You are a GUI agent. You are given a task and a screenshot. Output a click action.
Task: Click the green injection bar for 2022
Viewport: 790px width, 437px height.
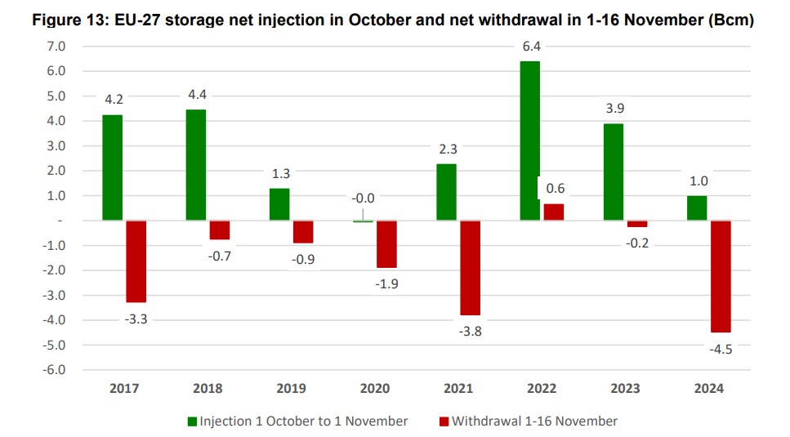click(529, 140)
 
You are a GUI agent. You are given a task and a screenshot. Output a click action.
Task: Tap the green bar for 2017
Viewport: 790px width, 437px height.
click(113, 167)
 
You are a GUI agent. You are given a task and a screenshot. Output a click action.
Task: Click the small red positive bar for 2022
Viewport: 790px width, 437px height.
click(553, 212)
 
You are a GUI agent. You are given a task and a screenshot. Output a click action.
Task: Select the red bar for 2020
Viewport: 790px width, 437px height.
click(386, 243)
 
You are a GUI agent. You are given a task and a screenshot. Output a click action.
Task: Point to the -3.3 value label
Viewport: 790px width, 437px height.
click(136, 319)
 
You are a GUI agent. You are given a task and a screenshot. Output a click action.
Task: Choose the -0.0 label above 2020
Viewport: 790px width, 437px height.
click(364, 198)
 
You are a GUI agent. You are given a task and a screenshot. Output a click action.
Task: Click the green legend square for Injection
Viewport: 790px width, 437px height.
click(193, 421)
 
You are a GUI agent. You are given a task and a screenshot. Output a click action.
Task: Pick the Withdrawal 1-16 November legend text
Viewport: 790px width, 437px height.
click(534, 421)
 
